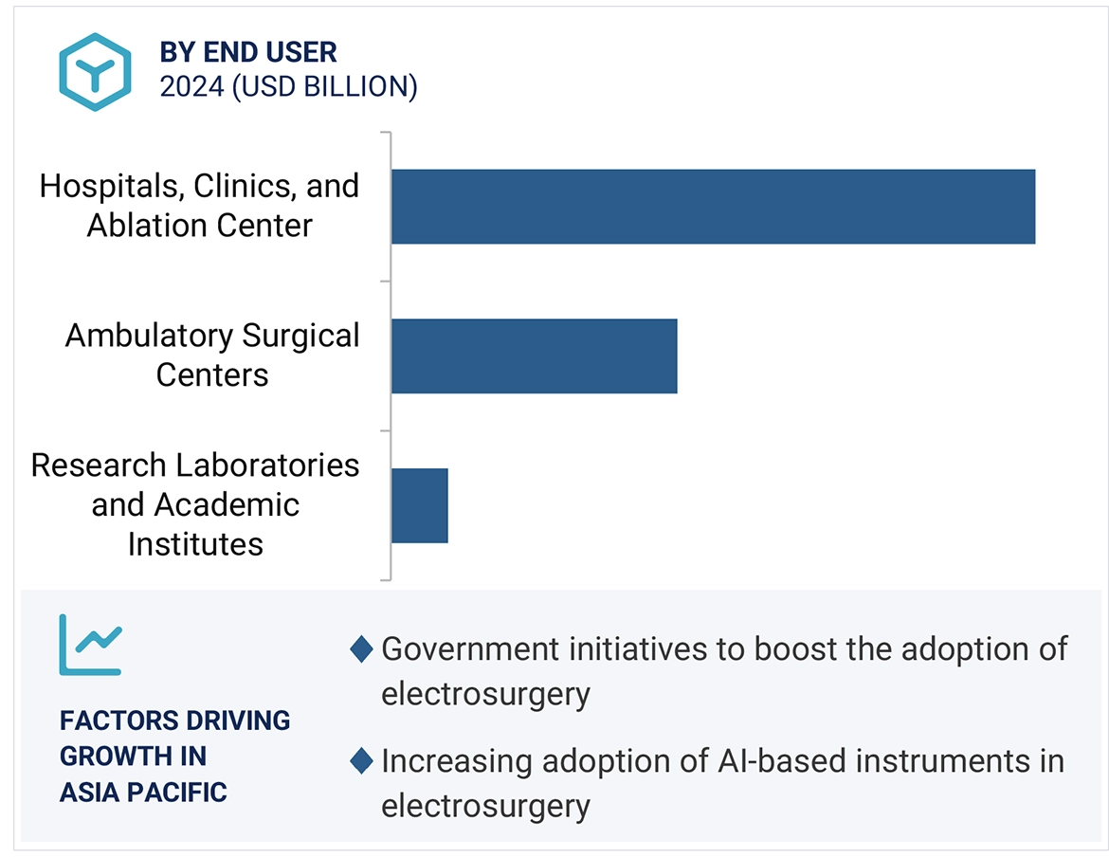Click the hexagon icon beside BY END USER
click(x=94, y=71)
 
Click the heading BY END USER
click(x=248, y=51)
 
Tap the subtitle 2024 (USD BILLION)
click(x=288, y=86)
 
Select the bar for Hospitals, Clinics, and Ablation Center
click(x=712, y=207)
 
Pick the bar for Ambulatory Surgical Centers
click(x=534, y=356)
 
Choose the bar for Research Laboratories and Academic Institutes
click(x=419, y=505)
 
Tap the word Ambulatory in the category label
click(x=147, y=336)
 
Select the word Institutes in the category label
click(x=195, y=544)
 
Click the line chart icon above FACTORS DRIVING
click(x=90, y=644)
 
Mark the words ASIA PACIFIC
click(x=143, y=792)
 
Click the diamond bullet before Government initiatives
click(x=361, y=649)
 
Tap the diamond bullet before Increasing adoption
click(x=361, y=761)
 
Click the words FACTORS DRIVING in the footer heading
click(x=174, y=720)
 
